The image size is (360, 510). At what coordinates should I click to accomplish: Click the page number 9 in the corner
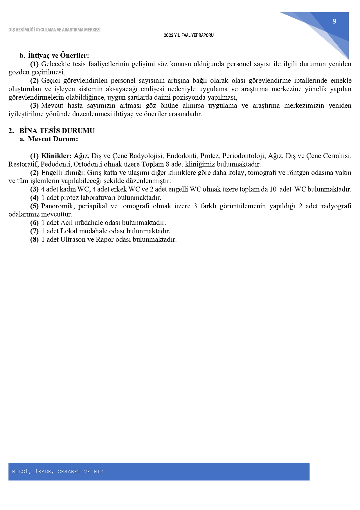pos(334,21)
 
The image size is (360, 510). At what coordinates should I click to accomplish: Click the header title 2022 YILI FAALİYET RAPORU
pos(188,35)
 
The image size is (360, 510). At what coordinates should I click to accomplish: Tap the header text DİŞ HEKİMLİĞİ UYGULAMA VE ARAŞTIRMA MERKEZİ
pos(54,30)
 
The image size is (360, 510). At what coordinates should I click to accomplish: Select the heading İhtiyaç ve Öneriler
pos(58,55)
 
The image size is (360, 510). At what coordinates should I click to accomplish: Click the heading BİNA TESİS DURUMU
pos(57,130)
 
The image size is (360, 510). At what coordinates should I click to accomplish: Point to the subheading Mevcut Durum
pos(53,139)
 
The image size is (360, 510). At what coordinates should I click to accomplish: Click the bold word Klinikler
pos(56,156)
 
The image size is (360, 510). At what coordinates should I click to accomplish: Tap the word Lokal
pos(69,231)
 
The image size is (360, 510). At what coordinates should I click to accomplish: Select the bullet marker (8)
pos(34,239)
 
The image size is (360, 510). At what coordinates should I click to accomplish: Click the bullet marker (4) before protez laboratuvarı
pos(34,198)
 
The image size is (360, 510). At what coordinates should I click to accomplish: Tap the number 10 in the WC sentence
pos(273,189)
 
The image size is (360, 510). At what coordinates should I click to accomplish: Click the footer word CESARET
pos(69,471)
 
